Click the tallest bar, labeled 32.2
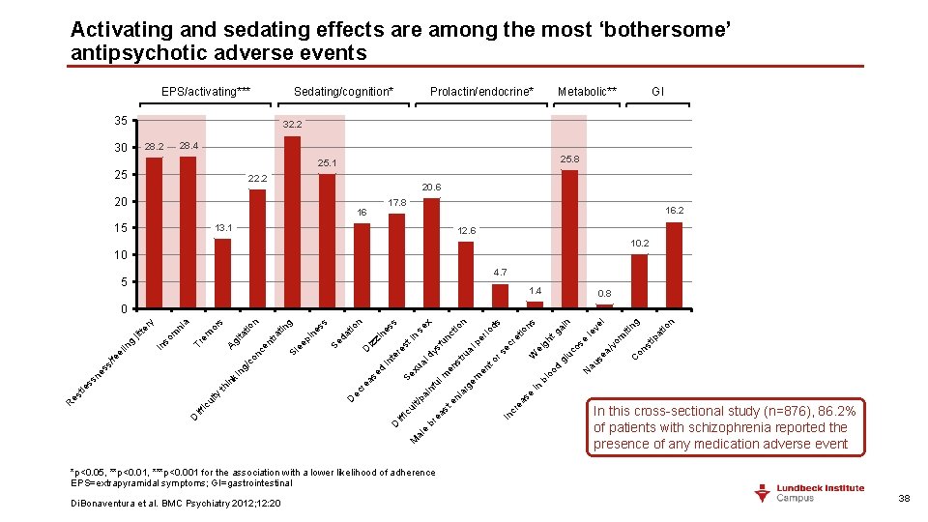[x=292, y=222]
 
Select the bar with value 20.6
[x=431, y=253]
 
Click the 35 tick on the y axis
[x=121, y=121]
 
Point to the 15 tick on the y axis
[x=121, y=228]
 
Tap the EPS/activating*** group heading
[x=206, y=92]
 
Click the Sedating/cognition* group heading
[x=343, y=92]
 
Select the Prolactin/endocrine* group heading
[x=481, y=92]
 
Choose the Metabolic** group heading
[x=587, y=92]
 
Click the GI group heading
[x=657, y=92]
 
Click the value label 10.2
[x=639, y=244]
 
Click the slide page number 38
[x=904, y=498]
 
